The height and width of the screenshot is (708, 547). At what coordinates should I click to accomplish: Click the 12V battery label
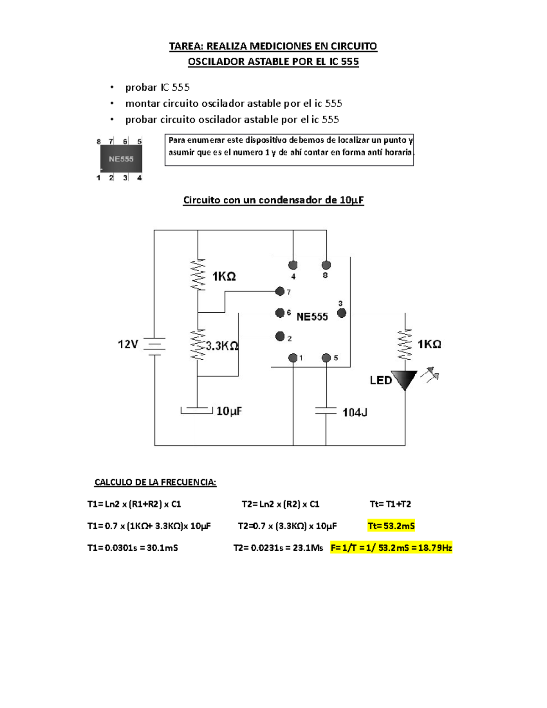point(128,344)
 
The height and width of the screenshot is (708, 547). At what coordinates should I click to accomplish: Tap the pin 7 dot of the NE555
point(280,291)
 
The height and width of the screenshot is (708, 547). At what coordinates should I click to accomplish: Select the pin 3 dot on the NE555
point(341,313)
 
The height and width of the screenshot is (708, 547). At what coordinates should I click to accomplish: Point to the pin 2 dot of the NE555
point(280,336)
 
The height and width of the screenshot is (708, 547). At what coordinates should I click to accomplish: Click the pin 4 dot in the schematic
point(293,265)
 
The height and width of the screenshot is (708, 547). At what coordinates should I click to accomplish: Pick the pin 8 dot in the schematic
point(326,265)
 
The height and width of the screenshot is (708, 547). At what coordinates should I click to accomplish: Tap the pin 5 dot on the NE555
point(326,358)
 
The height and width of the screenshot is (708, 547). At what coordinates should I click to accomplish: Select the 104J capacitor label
point(355,413)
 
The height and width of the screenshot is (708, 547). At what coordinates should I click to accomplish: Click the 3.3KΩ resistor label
point(222,346)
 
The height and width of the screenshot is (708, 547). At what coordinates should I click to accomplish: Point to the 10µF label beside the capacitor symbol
point(229,411)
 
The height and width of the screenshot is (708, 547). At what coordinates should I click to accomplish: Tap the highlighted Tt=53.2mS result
point(391,526)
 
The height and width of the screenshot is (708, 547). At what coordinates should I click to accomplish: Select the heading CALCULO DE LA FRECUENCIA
point(155,482)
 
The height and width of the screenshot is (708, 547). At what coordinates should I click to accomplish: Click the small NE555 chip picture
point(121,159)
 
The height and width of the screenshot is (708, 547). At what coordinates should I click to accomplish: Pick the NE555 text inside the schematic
point(312,317)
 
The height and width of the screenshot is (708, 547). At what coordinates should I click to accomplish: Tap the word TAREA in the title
point(186,46)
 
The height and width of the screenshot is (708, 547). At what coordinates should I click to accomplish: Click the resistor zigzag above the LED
point(404,345)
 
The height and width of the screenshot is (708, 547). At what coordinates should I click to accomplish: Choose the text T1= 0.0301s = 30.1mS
point(132,548)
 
